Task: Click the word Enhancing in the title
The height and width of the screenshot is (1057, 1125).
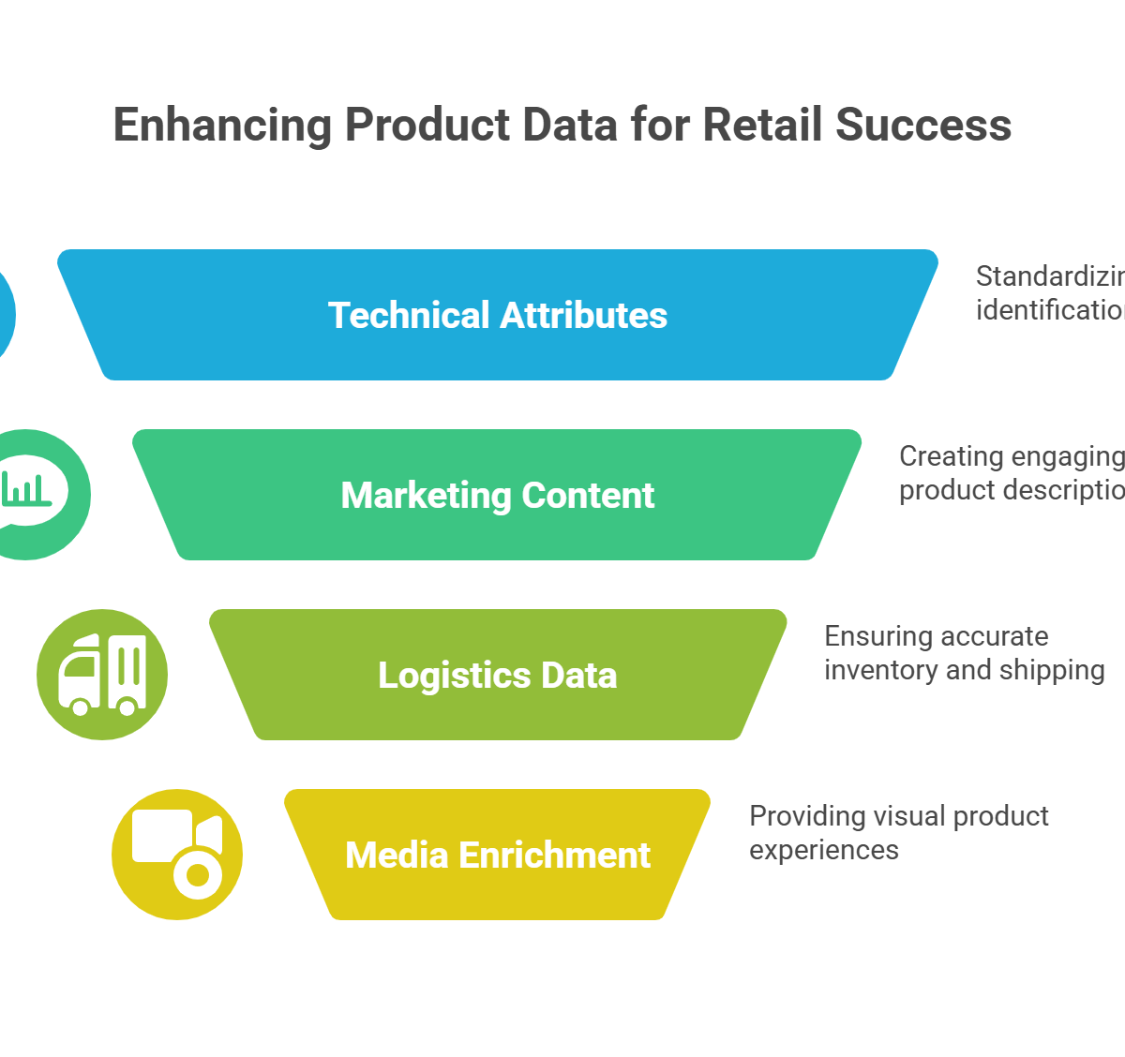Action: (x=222, y=126)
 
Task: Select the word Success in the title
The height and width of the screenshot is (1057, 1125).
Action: (x=923, y=125)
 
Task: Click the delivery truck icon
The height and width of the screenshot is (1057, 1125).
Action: (x=102, y=675)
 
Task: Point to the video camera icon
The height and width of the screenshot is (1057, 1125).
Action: (x=177, y=853)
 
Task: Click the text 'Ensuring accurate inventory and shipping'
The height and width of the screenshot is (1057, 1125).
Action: (x=964, y=653)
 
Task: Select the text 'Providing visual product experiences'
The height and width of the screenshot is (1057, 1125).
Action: (x=898, y=833)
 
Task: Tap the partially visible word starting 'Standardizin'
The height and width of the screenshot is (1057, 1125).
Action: (x=1049, y=276)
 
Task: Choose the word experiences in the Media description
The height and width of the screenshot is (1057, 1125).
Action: (x=824, y=851)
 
